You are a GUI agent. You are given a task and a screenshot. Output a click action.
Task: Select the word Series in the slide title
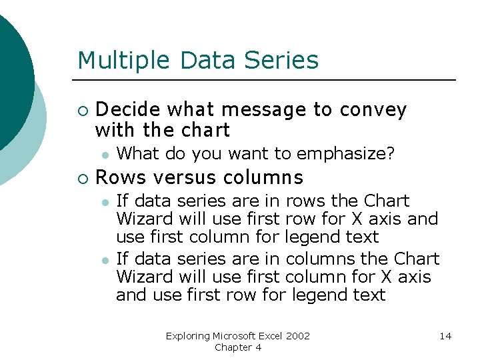[282, 61]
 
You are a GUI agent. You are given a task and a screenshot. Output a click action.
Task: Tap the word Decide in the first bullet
[129, 109]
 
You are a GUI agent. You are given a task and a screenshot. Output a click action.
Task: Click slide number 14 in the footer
[445, 336]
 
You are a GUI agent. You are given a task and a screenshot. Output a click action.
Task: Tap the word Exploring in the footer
[187, 336]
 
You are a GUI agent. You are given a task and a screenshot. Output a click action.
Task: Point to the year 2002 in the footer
[297, 336]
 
